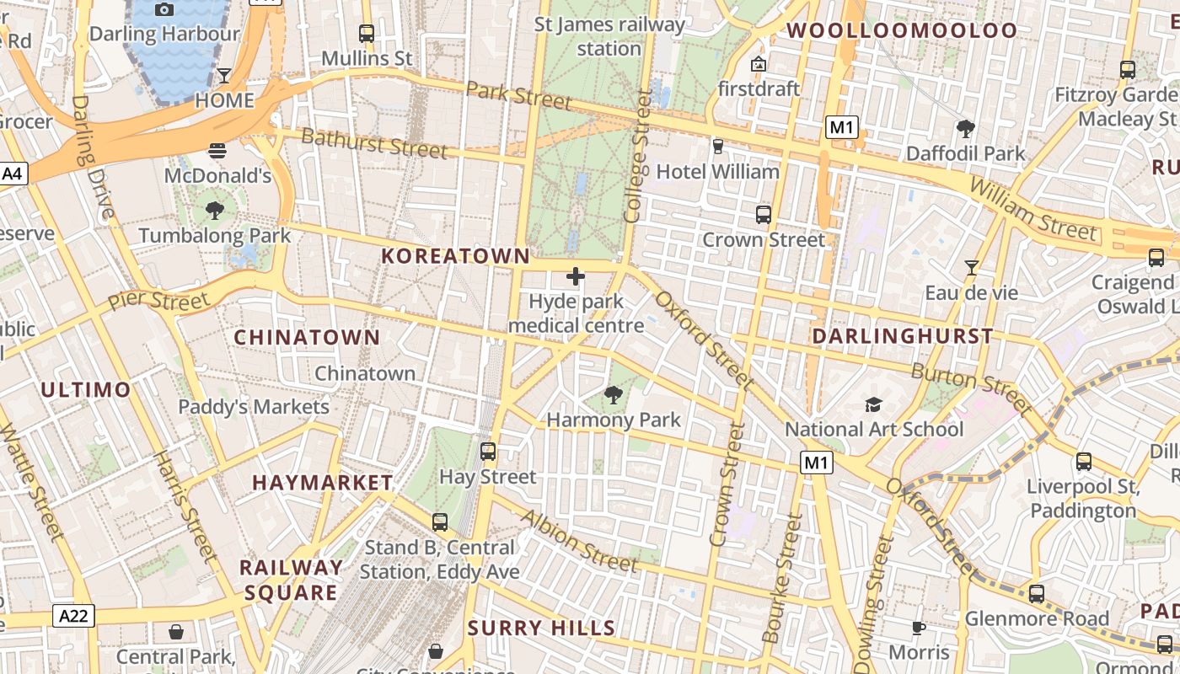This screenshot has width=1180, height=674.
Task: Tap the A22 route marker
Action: point(73,616)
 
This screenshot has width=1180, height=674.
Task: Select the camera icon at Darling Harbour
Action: point(164,9)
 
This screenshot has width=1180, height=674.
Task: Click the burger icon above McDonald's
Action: point(217,151)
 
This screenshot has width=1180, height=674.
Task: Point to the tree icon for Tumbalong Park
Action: point(215,210)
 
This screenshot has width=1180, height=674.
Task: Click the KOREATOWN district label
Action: point(456,256)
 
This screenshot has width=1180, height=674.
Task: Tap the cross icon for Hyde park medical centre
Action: point(576,276)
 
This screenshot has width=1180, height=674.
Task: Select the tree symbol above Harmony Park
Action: point(614,393)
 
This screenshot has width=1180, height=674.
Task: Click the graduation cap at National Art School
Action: point(873,404)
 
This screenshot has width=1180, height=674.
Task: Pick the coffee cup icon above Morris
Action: point(919,628)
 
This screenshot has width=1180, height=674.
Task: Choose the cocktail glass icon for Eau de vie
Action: point(972,268)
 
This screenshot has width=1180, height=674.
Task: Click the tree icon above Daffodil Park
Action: point(966,129)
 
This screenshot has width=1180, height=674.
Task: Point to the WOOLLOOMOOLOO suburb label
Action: point(902,31)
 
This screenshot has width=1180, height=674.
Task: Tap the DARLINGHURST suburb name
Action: point(903,336)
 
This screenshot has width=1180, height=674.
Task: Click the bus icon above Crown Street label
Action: point(764,214)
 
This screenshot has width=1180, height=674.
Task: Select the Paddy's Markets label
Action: point(254,407)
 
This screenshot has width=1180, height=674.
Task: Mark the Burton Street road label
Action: point(972,388)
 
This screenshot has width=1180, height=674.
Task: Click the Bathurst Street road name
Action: point(373,143)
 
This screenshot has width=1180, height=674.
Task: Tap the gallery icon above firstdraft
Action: point(758,64)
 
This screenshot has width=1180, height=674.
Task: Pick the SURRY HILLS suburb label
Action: point(542,628)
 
